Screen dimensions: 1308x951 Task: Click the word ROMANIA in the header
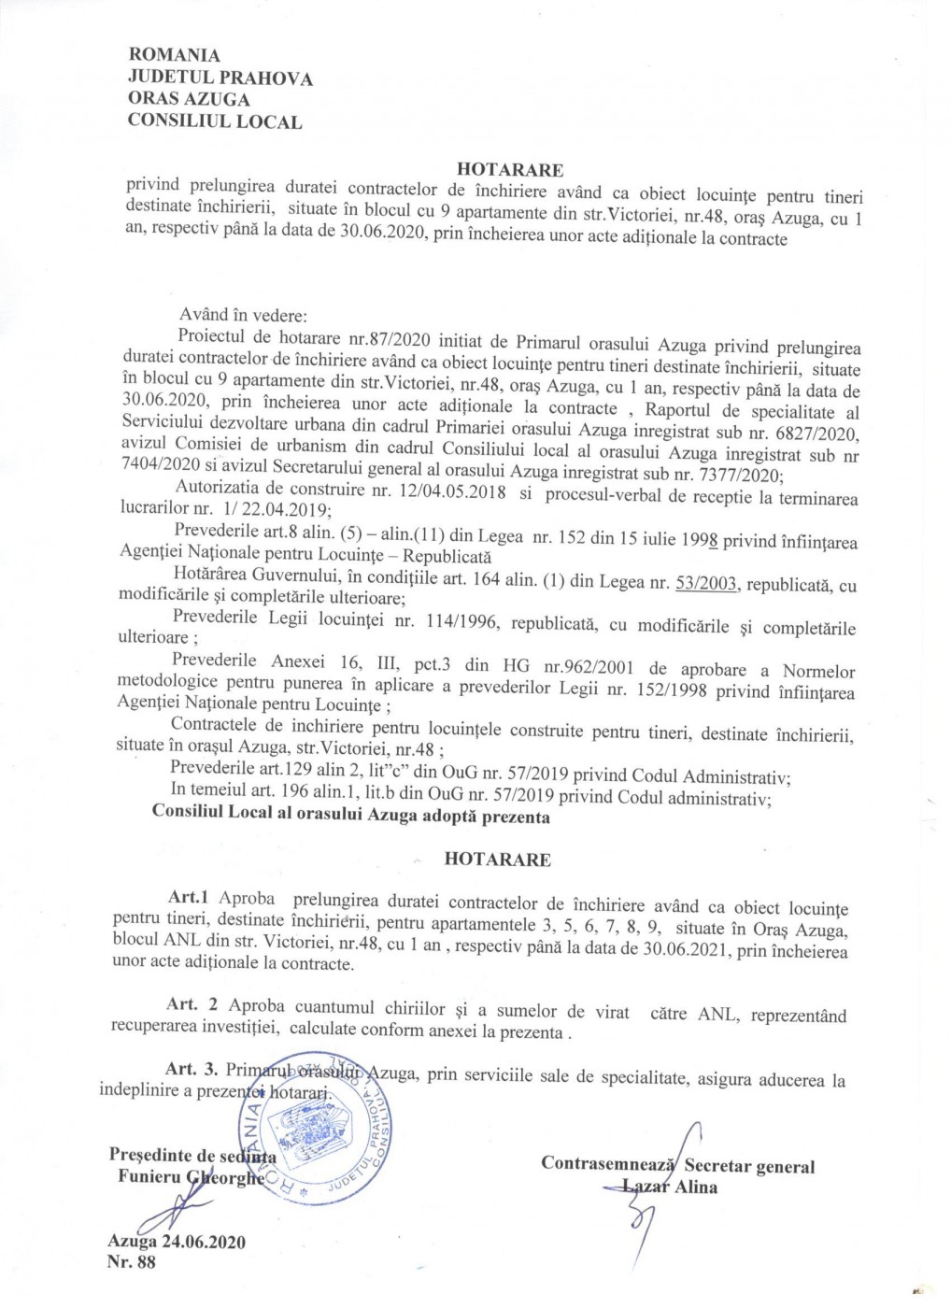173,58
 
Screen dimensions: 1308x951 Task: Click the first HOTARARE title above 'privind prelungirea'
510,170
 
